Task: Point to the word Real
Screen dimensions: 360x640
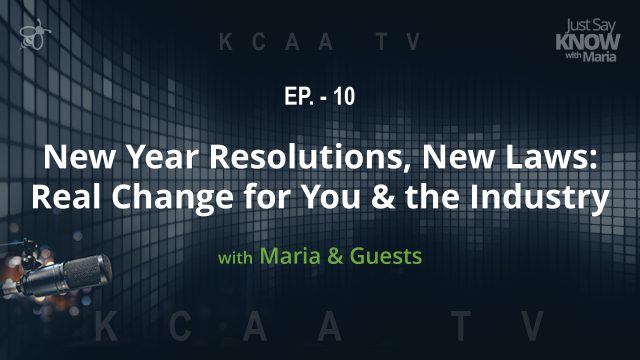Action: coord(64,196)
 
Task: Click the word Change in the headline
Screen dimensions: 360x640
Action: coord(160,196)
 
